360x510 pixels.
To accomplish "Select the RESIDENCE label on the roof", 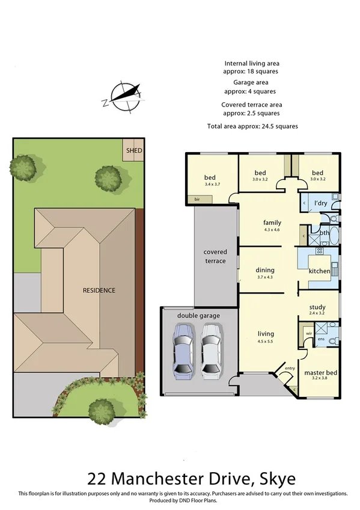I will (99, 290).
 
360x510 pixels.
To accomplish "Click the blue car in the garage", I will (184, 351).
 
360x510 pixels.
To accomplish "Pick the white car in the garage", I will (211, 351).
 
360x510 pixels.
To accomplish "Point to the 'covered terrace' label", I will (215, 256).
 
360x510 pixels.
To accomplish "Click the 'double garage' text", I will (198, 315).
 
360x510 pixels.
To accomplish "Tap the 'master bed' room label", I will (320, 373).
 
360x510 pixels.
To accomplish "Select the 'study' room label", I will (317, 307).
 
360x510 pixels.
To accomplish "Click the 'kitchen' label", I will (319, 271).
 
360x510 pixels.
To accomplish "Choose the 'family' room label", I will (272, 222).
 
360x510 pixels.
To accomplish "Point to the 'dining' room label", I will (265, 270).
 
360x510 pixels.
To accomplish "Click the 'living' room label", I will (265, 334).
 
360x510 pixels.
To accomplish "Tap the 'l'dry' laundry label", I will (321, 203).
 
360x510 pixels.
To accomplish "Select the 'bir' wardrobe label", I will (196, 198).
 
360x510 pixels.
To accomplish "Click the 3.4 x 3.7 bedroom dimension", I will (210, 184).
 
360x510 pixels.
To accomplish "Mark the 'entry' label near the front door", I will (290, 368).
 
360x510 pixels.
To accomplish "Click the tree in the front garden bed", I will (102, 411).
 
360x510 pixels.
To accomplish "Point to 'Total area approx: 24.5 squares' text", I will (252, 126).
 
